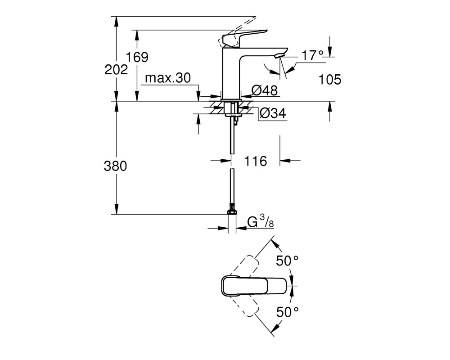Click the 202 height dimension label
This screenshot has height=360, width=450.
pos(116,70)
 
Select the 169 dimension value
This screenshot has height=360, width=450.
pos(137,57)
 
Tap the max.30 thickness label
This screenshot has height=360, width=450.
pos(168,78)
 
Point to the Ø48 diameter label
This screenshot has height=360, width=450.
pos(265,90)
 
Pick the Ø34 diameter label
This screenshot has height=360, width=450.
pos(273,113)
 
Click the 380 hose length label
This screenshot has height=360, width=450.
pos(115,166)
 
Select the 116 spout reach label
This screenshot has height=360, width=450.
pos(256,161)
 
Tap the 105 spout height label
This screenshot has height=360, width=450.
pos(330,80)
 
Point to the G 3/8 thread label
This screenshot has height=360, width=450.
pos(260,221)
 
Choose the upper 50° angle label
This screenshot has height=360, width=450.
pos(287,261)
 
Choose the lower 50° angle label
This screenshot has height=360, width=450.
pos(287,312)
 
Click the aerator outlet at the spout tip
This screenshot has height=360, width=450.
pos(279,55)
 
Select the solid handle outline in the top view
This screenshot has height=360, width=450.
pos(254,286)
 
